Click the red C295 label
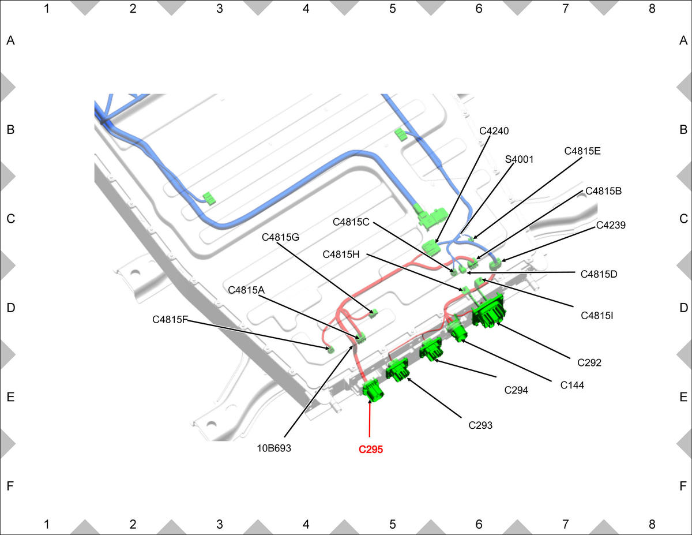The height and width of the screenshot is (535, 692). (371, 449)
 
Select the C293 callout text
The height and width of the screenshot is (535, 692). (480, 425)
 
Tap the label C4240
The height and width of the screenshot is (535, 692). (494, 130)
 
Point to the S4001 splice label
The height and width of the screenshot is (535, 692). (519, 159)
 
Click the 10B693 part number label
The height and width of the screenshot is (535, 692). (274, 448)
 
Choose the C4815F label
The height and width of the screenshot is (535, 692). (170, 319)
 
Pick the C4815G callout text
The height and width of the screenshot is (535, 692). (281, 237)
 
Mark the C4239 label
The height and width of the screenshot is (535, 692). (611, 225)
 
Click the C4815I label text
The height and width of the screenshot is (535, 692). (597, 316)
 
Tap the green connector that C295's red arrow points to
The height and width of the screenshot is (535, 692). (373, 390)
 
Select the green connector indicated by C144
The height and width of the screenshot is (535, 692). (457, 331)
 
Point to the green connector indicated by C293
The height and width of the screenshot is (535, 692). (397, 369)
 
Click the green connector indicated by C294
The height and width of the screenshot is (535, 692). (431, 349)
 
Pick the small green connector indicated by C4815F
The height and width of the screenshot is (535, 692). (331, 350)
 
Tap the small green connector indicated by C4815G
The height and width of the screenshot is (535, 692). (374, 313)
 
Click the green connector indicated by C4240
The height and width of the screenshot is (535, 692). (430, 247)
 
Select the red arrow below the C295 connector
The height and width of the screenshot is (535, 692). (370, 418)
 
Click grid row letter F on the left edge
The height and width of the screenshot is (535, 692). (10, 485)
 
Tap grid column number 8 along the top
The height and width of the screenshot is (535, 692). (652, 9)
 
